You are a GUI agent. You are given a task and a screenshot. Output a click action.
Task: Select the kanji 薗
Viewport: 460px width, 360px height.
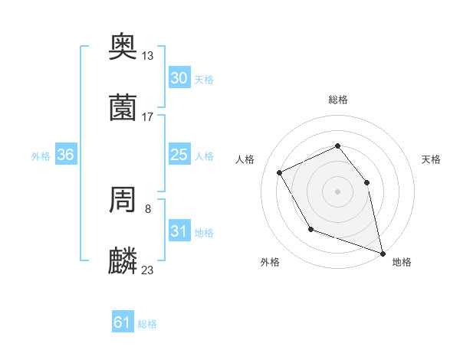123,108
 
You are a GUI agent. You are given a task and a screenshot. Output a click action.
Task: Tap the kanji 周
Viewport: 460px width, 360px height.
123,200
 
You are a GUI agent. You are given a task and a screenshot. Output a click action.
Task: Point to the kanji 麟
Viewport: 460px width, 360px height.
123,261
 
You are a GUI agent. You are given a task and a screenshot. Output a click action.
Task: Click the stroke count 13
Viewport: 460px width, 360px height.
148,56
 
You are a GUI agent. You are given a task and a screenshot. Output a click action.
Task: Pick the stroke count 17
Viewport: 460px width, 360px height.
148,117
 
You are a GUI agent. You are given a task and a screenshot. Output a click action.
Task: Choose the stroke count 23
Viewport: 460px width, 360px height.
148,270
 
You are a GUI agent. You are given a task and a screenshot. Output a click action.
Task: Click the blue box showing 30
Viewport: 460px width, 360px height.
179,78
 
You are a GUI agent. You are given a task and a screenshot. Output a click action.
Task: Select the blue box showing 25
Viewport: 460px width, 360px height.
179,155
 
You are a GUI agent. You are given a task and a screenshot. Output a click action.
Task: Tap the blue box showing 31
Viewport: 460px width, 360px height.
179,231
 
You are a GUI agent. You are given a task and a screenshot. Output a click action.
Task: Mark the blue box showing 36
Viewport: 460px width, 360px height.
66,155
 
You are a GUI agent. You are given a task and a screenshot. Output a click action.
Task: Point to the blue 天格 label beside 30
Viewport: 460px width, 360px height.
204,80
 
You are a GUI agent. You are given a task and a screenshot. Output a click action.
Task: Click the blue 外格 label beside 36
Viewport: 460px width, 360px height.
41,156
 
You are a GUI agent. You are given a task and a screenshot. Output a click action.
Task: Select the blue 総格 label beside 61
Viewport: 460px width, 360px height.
147,324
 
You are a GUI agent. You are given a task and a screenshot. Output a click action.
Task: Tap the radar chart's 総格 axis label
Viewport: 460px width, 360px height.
337,100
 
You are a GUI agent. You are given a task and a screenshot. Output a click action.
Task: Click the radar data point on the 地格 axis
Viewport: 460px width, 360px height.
382,252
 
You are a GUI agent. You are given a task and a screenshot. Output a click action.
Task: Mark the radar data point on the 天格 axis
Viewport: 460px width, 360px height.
366,182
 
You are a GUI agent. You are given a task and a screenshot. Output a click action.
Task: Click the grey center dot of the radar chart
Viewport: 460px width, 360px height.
337,191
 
